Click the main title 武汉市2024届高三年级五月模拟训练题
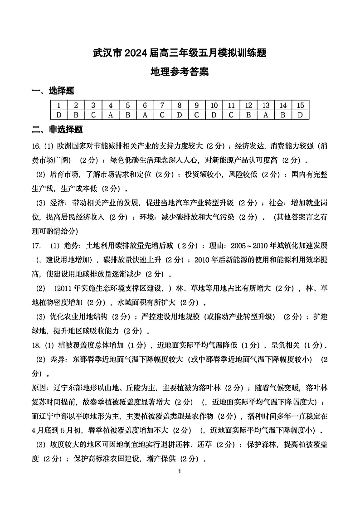(180, 53)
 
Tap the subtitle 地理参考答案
(180, 72)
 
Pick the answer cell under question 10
(214, 115)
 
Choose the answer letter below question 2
(76, 115)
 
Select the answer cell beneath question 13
(266, 115)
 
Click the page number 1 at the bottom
(180, 472)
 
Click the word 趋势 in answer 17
(68, 246)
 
